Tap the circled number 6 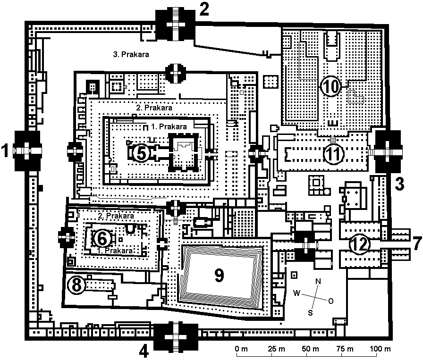102,238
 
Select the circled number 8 77,285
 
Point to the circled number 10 330,86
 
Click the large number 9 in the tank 219,276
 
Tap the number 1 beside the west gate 6,152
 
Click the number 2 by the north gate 204,10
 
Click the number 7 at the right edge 415,244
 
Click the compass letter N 318,281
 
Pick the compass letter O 330,300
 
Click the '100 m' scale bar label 381,349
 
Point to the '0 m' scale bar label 241,349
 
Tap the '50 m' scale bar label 313,349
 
